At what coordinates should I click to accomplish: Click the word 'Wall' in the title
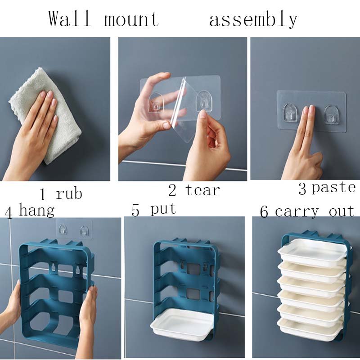69,19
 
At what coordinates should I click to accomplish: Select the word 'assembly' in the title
253,20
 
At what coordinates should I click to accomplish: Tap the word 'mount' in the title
131,19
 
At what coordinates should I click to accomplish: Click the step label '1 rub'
61,193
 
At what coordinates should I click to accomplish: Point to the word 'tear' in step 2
202,190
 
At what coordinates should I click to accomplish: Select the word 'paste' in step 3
333,188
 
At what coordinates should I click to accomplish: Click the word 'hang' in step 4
37,210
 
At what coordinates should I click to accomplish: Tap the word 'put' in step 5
163,209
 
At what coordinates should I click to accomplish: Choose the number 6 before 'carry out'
264,211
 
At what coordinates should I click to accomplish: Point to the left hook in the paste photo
290,112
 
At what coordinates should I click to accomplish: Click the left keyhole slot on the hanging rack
54,268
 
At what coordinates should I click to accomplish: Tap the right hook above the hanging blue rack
84,231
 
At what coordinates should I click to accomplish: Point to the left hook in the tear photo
156,103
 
